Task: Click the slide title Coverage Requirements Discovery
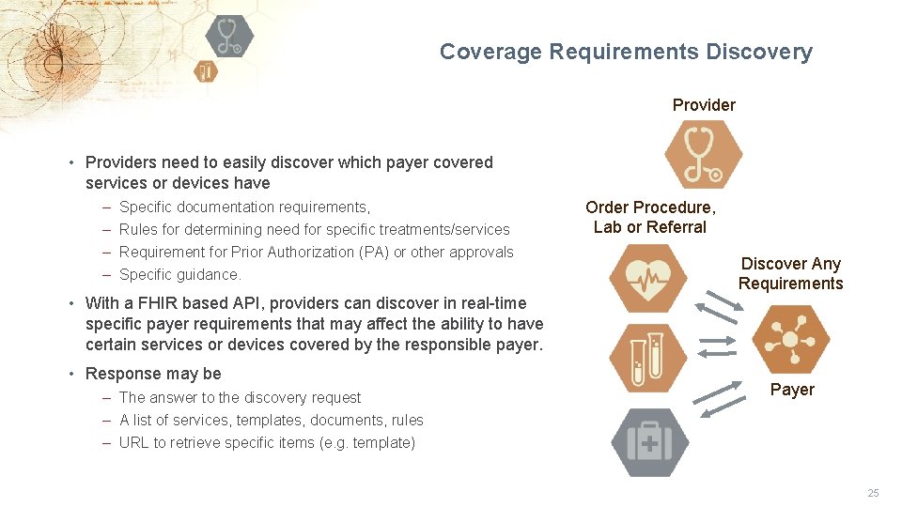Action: click(626, 52)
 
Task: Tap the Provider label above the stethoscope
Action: click(704, 105)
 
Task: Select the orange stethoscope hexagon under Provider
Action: click(703, 155)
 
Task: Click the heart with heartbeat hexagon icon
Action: click(648, 278)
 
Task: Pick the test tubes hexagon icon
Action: click(648, 358)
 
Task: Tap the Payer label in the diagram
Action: click(792, 390)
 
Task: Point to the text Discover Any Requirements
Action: click(790, 273)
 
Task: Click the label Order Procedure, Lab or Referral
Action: click(650, 217)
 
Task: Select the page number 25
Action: click(873, 493)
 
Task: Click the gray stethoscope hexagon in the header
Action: click(228, 36)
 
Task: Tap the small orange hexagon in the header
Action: click(206, 71)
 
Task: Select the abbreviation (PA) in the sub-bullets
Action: click(374, 252)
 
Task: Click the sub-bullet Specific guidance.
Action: click(180, 274)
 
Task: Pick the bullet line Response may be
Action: click(153, 374)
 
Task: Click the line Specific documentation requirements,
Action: click(244, 207)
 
